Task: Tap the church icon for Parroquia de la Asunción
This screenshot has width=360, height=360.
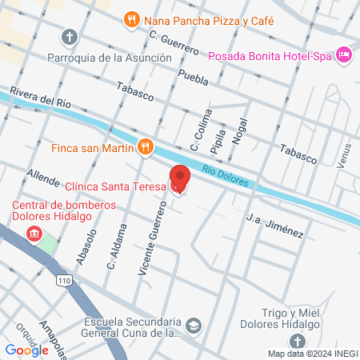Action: pyautogui.click(x=70, y=37)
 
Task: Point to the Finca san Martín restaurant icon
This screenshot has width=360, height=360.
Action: pyautogui.click(x=144, y=146)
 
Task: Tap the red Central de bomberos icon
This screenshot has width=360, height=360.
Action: pyautogui.click(x=34, y=233)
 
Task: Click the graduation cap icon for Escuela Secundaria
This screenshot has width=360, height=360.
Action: pyautogui.click(x=193, y=326)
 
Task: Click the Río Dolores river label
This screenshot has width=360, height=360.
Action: pyautogui.click(x=230, y=177)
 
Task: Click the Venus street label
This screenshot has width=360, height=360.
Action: pyautogui.click(x=344, y=155)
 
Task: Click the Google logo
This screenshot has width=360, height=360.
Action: pyautogui.click(x=26, y=350)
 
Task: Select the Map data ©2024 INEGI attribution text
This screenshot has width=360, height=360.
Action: pyautogui.click(x=311, y=353)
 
